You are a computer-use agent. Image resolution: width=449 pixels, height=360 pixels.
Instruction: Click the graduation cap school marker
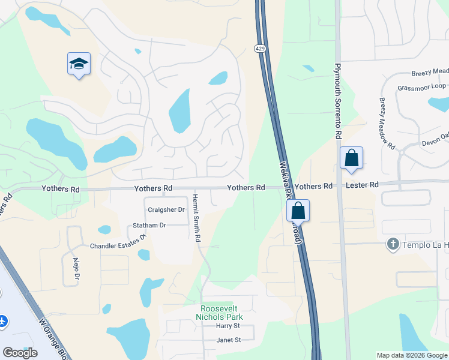click(79, 64)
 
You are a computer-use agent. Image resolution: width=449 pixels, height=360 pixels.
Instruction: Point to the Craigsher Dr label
click(164, 209)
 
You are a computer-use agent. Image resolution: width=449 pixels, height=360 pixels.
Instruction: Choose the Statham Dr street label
click(149, 225)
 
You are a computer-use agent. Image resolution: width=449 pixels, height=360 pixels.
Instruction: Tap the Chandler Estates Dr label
click(118, 243)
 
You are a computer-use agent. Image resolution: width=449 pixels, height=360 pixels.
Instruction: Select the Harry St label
click(228, 326)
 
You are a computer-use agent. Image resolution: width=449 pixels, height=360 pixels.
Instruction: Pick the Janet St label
click(228, 340)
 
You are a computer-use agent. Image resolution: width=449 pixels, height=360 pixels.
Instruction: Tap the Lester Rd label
click(362, 186)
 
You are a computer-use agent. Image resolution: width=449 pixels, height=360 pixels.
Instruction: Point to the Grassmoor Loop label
click(422, 87)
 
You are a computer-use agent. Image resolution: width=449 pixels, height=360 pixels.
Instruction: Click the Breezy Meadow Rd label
click(387, 124)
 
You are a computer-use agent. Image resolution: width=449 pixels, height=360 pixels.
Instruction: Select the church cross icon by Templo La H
click(393, 244)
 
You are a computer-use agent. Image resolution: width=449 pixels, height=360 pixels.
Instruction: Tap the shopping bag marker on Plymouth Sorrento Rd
click(351, 158)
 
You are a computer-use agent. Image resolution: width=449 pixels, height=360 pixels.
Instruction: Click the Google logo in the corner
click(20, 353)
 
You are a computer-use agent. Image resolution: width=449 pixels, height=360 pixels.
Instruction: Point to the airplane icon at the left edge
click(2, 321)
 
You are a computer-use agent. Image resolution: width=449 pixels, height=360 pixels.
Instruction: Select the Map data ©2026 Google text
click(411, 355)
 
